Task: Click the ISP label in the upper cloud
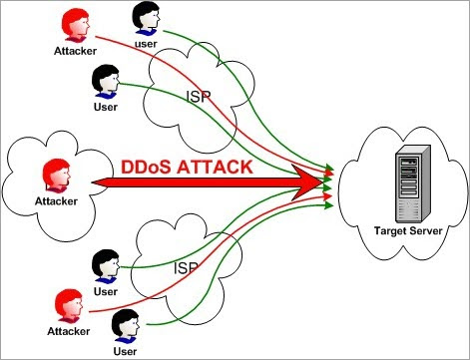(x=200, y=98)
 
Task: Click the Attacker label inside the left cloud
(x=56, y=201)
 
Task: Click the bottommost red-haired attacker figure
(x=68, y=301)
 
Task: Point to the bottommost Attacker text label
(x=68, y=328)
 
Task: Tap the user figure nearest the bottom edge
(x=125, y=325)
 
